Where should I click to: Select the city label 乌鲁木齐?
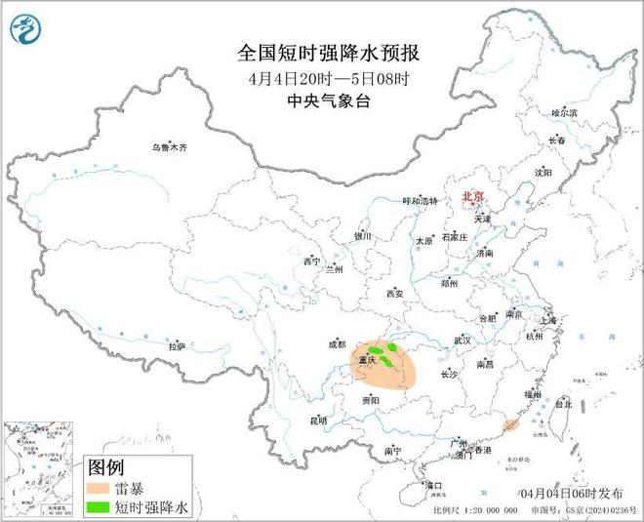point(168,147)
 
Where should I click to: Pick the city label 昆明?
point(319,421)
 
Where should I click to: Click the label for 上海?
point(548,320)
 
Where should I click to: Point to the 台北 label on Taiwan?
point(564,402)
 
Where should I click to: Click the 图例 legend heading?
point(105,467)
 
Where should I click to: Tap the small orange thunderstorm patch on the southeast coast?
point(509,424)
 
